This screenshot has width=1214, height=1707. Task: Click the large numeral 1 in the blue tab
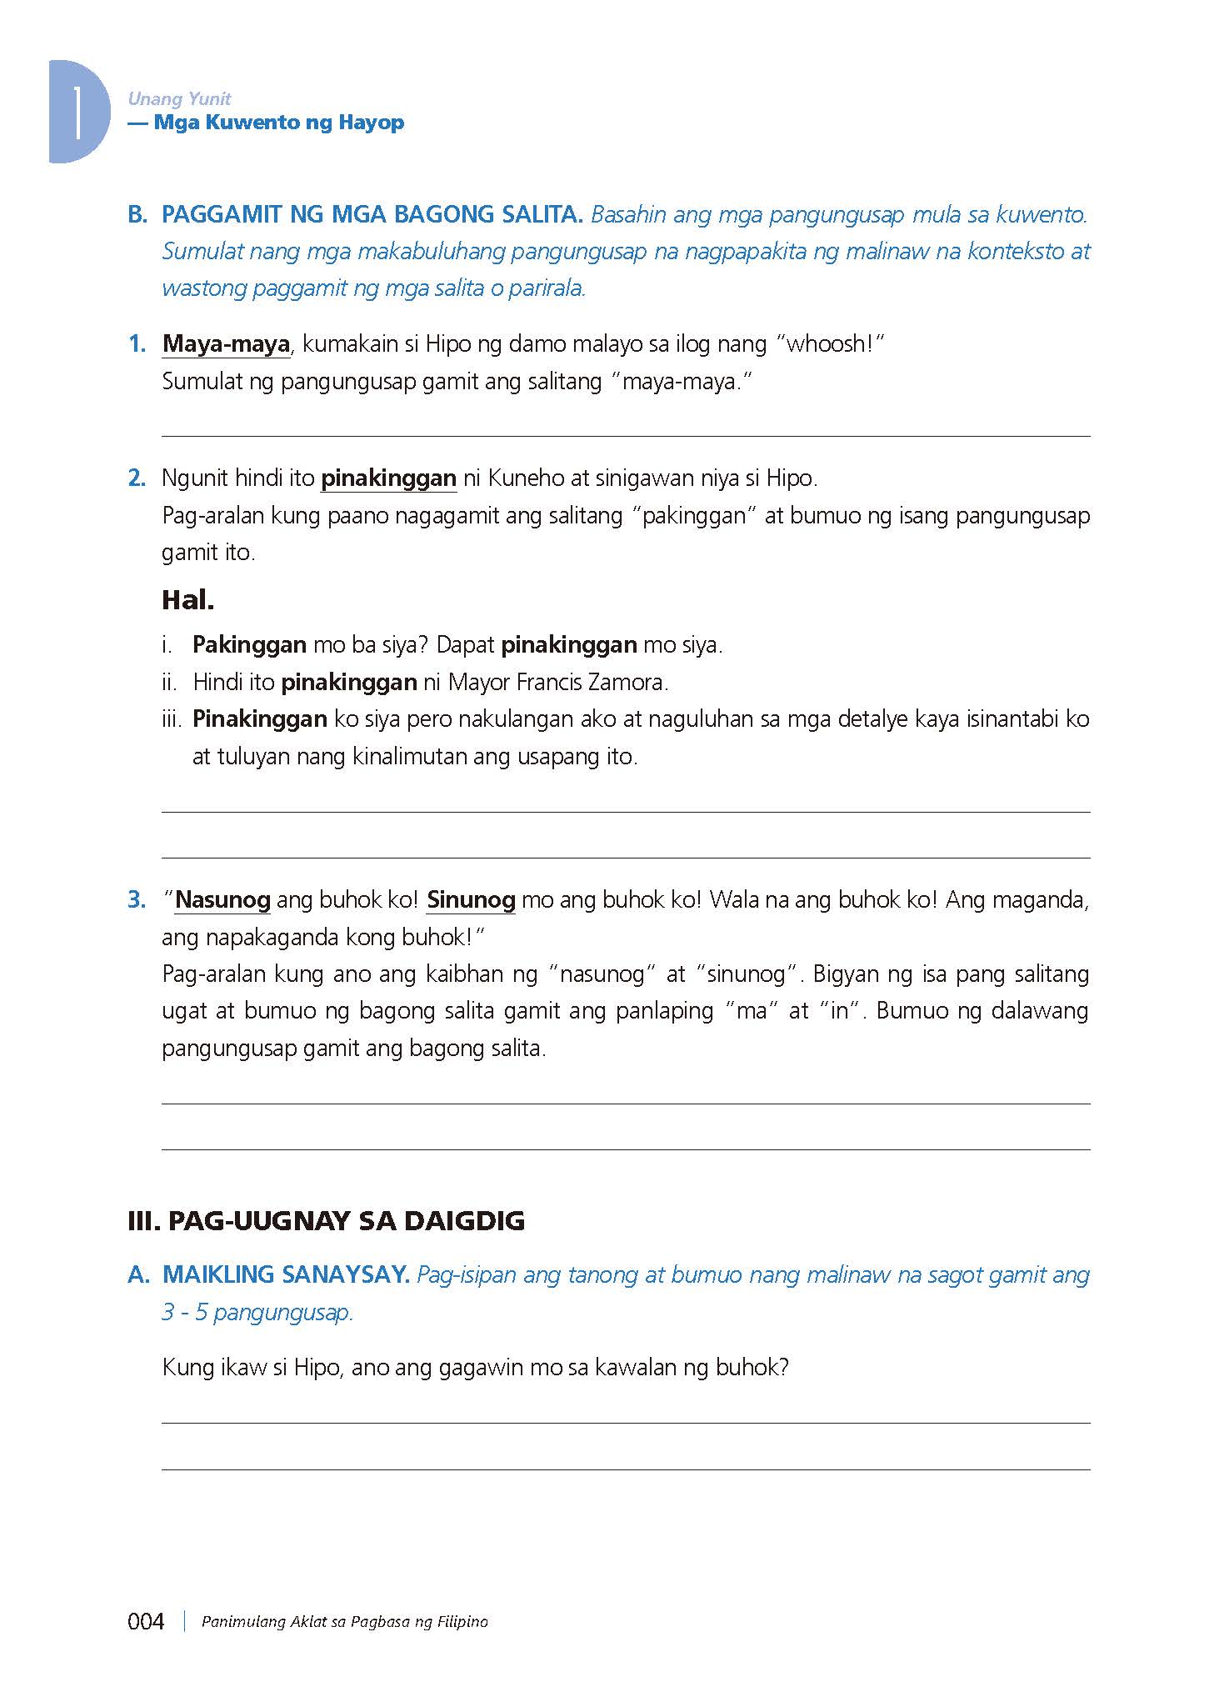pyautogui.click(x=77, y=112)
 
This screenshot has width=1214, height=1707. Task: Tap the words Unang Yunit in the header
pyautogui.click(x=179, y=99)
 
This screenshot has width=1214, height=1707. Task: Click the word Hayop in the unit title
pyautogui.click(x=372, y=123)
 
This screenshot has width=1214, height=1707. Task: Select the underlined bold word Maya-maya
pyautogui.click(x=226, y=343)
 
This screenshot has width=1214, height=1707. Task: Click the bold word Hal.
pyautogui.click(x=187, y=599)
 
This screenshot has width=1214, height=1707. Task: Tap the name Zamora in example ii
pyautogui.click(x=627, y=683)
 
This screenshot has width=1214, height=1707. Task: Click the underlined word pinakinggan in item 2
pyautogui.click(x=388, y=478)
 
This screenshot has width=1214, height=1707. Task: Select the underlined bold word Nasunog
pyautogui.click(x=222, y=900)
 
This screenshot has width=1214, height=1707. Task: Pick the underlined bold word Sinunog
pyautogui.click(x=471, y=900)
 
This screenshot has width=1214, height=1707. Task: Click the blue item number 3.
pyautogui.click(x=137, y=900)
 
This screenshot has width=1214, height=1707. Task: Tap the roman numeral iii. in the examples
pyautogui.click(x=172, y=719)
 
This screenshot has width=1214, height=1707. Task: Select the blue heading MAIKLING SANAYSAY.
pyautogui.click(x=286, y=1274)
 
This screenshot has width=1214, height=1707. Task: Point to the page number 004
pyautogui.click(x=146, y=1621)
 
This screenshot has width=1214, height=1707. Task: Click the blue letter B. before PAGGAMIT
pyautogui.click(x=137, y=214)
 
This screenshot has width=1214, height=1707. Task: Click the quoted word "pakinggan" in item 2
pyautogui.click(x=692, y=516)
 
